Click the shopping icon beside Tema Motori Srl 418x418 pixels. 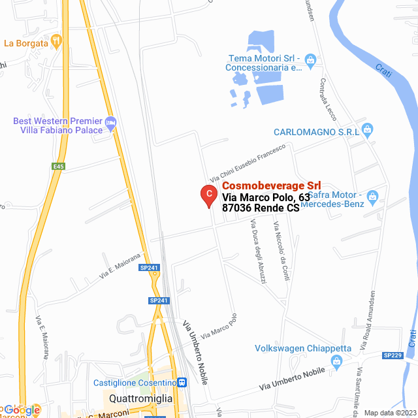[310, 61]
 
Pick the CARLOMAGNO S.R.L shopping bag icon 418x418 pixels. [367, 131]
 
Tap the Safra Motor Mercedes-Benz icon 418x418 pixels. [372, 196]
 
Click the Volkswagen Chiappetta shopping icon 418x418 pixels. [337, 361]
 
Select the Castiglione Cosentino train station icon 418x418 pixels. [182, 383]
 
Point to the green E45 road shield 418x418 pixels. [59, 167]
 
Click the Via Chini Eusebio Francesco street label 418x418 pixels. [248, 164]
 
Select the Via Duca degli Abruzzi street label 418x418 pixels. [257, 251]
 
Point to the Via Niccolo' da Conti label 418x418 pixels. [281, 251]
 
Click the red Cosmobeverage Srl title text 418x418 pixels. [266, 185]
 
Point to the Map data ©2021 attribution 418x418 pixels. [389, 413]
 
